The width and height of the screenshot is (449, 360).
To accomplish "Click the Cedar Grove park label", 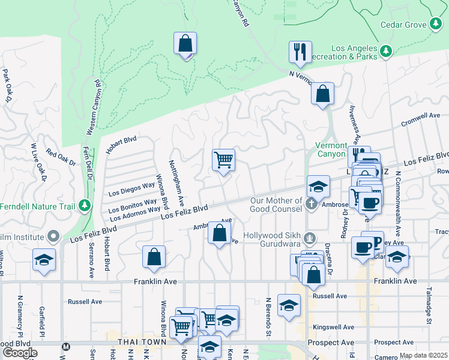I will tap(404, 25).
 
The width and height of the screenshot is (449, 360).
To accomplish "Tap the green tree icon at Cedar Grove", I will tap(436, 25).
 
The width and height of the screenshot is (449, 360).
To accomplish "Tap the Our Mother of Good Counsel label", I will tap(276, 205).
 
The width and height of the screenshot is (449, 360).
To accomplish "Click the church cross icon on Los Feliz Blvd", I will tap(311, 205).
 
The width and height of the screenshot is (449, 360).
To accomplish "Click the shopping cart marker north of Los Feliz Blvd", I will tap(223, 161).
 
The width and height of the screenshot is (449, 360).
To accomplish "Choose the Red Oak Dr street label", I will tap(60, 158).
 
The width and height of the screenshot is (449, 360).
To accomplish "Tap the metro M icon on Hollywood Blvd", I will tap(67, 346).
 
